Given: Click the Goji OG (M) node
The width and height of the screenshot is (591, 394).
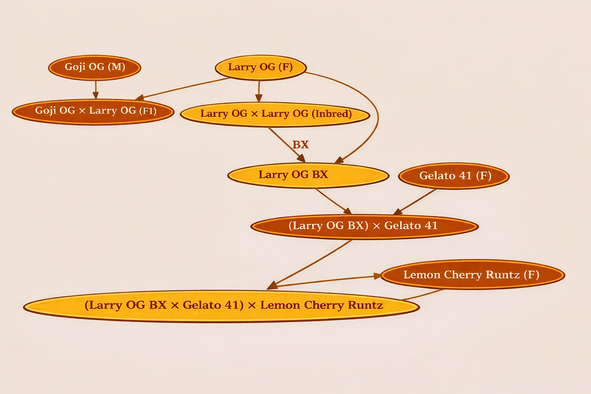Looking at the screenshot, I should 95,67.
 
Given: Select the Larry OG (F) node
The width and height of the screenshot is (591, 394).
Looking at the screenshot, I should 260,67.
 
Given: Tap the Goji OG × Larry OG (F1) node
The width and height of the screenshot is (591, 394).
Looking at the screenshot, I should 93,111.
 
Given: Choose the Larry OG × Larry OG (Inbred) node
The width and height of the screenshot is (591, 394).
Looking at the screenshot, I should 275,114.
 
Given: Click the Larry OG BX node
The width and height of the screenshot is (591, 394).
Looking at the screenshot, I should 308,175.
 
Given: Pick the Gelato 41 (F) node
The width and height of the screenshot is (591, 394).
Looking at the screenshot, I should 454,176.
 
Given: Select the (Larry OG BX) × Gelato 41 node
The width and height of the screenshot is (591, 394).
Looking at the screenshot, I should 364,226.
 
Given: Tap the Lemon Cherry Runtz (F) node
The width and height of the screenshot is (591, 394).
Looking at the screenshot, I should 472,275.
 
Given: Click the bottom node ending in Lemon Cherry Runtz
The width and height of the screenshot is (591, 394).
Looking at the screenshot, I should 221,306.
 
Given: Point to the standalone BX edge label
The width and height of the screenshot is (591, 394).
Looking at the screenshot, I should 301,145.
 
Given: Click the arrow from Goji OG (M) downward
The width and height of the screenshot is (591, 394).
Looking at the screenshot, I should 96,89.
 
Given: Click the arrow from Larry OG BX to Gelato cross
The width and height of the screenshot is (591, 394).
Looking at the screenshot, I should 333,201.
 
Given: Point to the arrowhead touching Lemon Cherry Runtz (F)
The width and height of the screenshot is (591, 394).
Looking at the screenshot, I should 377,276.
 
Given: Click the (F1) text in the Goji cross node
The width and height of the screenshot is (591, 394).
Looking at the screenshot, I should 147,111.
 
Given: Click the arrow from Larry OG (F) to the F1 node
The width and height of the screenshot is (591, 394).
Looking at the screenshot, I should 181,89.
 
